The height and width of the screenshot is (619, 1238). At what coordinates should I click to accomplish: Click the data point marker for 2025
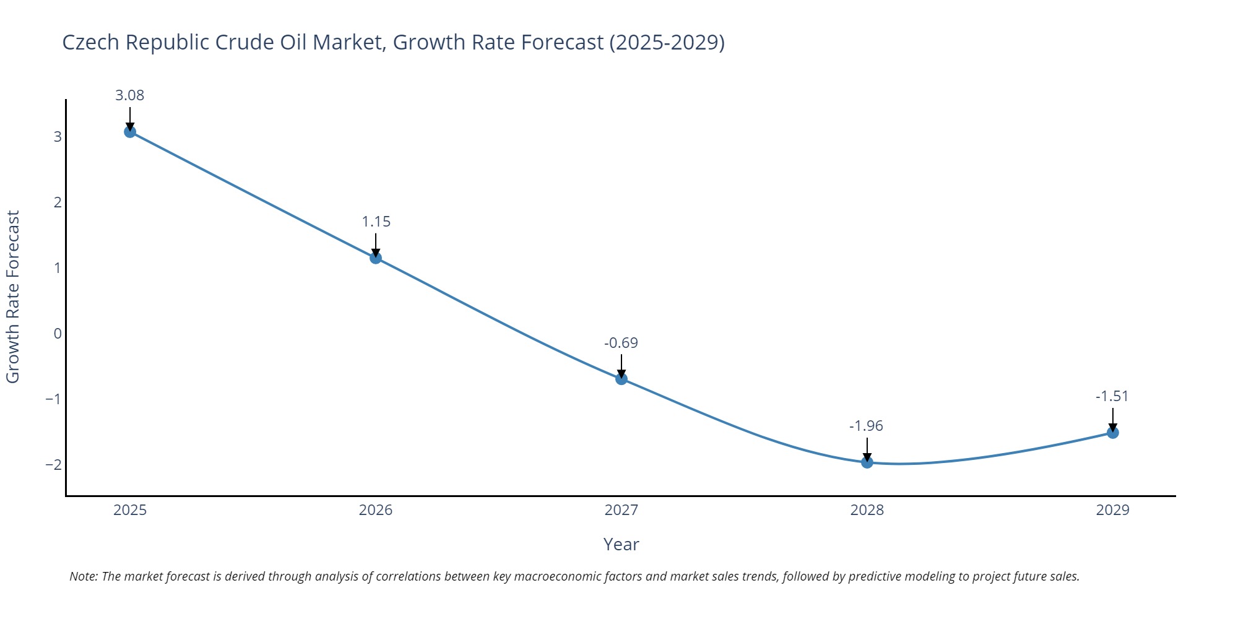point(130,132)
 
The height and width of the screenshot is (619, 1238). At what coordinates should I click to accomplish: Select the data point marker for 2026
point(376,258)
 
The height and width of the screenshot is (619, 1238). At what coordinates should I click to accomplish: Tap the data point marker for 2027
point(621,379)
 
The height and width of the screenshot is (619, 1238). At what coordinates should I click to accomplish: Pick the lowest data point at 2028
point(867,462)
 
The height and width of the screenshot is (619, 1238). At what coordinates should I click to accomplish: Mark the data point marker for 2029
point(1113,433)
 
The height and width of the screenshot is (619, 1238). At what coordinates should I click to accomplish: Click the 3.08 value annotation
point(130,95)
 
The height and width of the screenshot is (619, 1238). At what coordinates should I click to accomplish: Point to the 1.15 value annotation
point(376,222)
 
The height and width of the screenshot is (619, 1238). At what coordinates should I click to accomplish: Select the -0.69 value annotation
point(621,343)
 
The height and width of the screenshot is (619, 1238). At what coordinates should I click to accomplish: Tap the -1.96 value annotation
point(866,426)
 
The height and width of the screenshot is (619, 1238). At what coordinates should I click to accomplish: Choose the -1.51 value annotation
point(1112,396)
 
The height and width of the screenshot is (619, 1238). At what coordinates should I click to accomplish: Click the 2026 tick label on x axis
point(376,510)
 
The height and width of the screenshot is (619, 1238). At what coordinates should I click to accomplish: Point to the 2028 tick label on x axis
point(867,510)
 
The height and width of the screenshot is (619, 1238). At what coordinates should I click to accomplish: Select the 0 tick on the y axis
point(58,334)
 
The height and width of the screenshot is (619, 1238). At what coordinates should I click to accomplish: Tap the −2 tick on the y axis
point(54,465)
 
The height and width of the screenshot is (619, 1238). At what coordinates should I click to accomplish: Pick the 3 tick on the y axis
point(58,137)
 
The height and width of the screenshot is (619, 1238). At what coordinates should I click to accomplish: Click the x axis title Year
point(621,545)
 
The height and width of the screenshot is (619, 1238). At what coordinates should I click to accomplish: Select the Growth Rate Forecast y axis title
point(13,297)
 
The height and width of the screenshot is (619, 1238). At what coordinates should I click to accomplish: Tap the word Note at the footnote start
point(83,576)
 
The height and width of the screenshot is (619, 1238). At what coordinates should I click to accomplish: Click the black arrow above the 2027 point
point(621,365)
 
